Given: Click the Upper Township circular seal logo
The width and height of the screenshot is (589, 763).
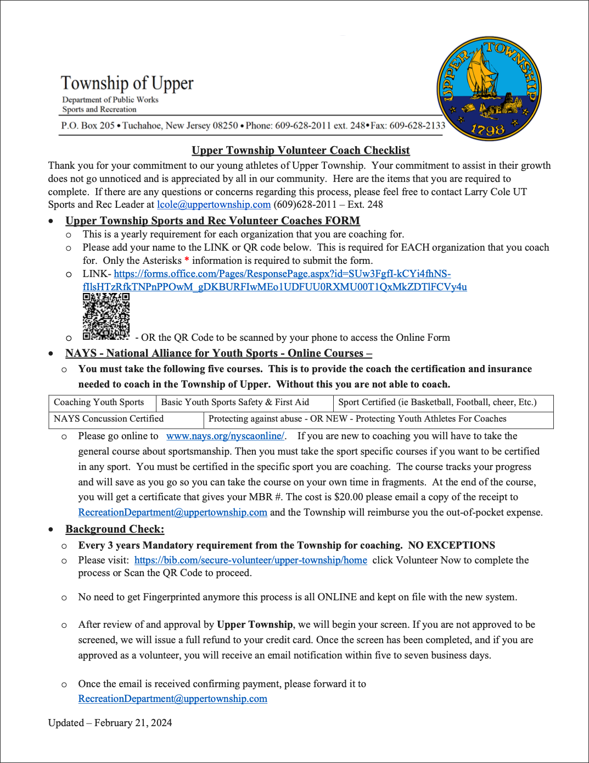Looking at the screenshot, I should tap(489, 88).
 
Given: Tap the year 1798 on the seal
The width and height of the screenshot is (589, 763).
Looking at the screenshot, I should tap(487, 130).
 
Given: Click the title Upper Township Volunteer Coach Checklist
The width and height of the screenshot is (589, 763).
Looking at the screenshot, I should tap(300, 151).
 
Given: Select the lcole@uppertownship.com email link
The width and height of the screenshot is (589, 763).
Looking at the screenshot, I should tap(214, 204).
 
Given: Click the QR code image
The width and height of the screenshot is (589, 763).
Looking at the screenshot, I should tap(106, 316).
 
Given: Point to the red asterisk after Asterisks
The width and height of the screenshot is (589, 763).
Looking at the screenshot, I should tap(187, 260).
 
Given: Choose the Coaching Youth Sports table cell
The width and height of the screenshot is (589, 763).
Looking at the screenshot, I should tap(99, 402).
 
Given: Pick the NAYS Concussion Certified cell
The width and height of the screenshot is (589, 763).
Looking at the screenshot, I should tap(109, 419).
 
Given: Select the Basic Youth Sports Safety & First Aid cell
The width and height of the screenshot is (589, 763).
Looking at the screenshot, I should tap(235, 402).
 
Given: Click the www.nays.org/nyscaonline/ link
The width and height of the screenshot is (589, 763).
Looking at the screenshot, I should tap(225, 436).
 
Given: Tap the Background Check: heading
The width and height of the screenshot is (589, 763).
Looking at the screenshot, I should tap(115, 529).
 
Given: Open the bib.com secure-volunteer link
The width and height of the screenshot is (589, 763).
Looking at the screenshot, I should tap(250, 560).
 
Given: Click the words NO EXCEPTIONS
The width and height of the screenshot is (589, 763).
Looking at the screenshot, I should tap(451, 545).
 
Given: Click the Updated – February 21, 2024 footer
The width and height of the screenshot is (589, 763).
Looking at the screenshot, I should tap(110, 723).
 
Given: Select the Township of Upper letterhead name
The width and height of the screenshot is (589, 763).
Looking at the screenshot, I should tap(127, 83).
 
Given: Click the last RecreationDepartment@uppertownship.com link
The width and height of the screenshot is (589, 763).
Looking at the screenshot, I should tap(172, 699).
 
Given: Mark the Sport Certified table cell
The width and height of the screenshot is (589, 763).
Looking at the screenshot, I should tap(437, 402).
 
